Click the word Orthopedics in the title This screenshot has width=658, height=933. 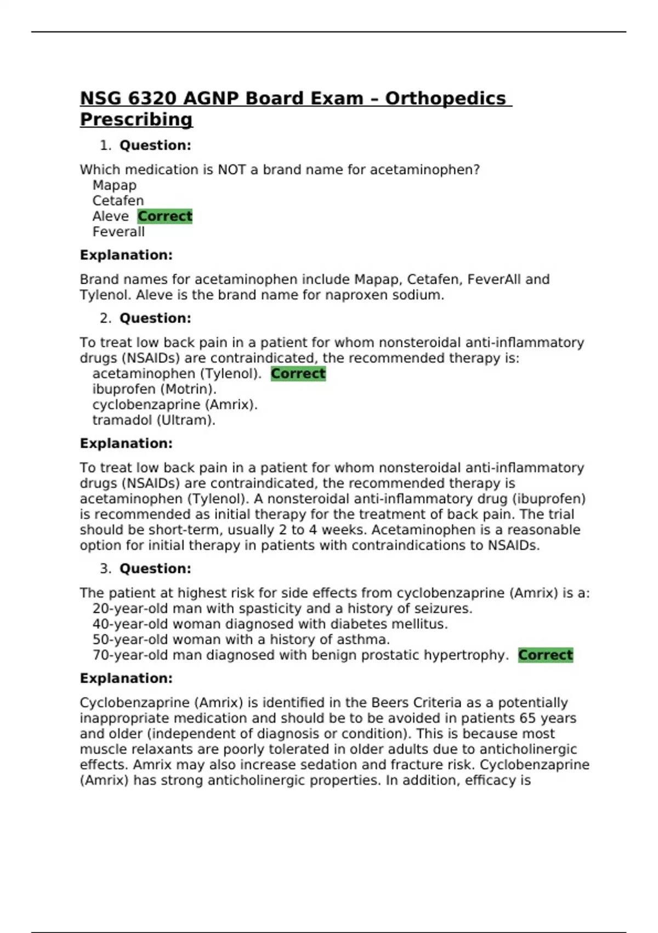pyautogui.click(x=445, y=98)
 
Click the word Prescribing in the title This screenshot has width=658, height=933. pyautogui.click(x=136, y=119)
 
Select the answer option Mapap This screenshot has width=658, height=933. pyautogui.click(x=114, y=186)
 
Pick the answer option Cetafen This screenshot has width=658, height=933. pyautogui.click(x=118, y=201)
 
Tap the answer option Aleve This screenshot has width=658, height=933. pyautogui.click(x=110, y=216)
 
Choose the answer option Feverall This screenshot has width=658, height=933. pyautogui.click(x=118, y=232)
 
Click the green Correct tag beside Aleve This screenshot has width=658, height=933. pyautogui.click(x=165, y=216)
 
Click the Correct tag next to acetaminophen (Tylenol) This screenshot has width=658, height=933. pyautogui.click(x=298, y=374)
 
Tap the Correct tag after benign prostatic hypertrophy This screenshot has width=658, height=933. pyautogui.click(x=546, y=655)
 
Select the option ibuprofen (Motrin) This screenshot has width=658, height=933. pyautogui.click(x=154, y=389)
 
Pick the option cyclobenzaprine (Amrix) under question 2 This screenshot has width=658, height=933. pyautogui.click(x=174, y=404)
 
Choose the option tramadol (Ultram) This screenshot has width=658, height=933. pyautogui.click(x=154, y=420)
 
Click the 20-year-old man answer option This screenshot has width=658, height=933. pyautogui.click(x=282, y=609)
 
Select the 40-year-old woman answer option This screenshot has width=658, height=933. pyautogui.click(x=270, y=624)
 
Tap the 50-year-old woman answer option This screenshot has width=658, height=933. pyautogui.click(x=241, y=640)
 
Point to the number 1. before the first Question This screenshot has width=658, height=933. pyautogui.click(x=105, y=145)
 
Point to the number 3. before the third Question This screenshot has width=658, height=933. pyautogui.click(x=105, y=569)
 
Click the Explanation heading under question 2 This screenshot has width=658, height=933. pyautogui.click(x=126, y=443)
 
